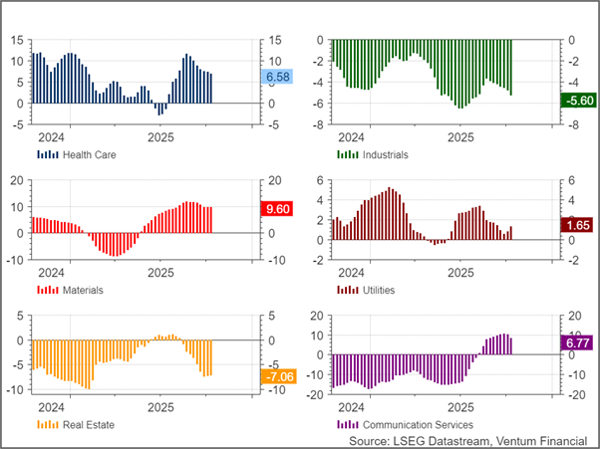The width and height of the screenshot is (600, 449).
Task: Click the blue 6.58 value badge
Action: pos(277,77)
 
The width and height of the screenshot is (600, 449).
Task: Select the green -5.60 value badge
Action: pos(578,101)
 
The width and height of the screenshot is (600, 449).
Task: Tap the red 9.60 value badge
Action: pos(275,209)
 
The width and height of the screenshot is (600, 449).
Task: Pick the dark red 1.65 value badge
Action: pos(577,226)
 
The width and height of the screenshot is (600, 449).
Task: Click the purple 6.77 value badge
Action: pos(578,343)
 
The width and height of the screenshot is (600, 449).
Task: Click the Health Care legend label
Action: pos(87,155)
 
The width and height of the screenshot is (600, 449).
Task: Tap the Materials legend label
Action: pos(83,290)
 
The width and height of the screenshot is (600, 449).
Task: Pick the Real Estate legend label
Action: pos(88,424)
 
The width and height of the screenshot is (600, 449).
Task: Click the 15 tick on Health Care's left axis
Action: pos(17,41)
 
